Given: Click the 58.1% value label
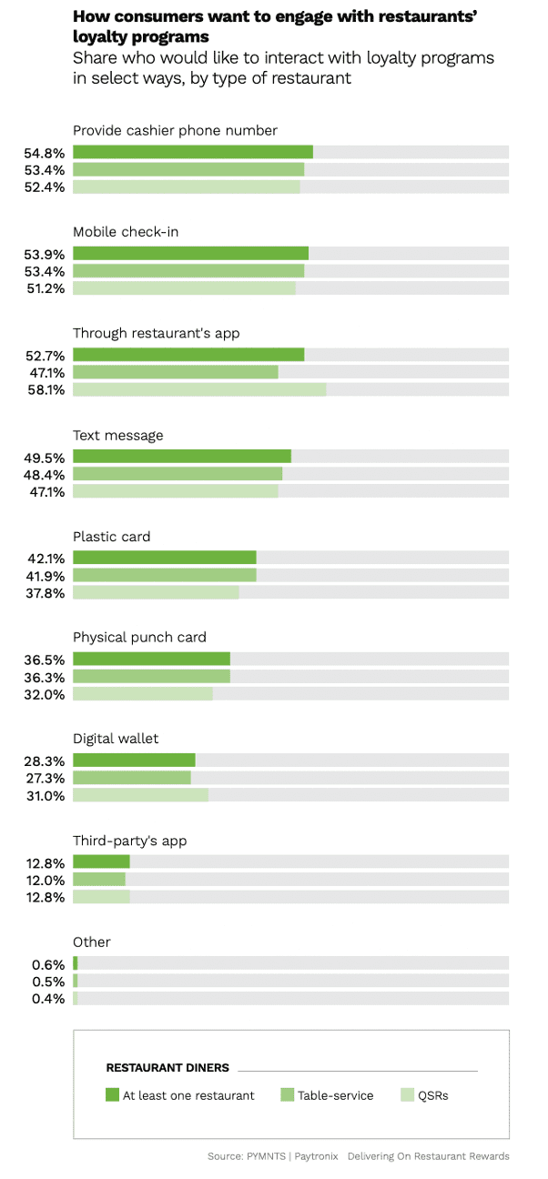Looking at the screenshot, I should [x=46, y=389].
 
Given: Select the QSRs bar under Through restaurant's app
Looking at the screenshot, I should [x=198, y=389].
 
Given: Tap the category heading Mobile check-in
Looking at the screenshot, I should [x=126, y=232].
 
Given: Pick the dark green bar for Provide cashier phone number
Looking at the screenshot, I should [x=192, y=152].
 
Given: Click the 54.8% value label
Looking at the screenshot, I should [x=46, y=152].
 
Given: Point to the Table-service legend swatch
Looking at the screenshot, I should [x=287, y=1095].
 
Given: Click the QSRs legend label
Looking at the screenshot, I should [x=432, y=1095].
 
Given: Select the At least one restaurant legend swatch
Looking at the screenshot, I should [x=113, y=1095].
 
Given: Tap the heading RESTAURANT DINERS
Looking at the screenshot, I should [x=167, y=1068].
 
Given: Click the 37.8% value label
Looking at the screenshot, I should [x=46, y=592].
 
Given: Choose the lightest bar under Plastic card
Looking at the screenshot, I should [x=156, y=592].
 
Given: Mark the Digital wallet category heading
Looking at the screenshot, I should [x=116, y=739].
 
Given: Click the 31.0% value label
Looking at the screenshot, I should [x=46, y=795].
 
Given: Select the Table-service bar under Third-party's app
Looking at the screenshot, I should [x=98, y=880].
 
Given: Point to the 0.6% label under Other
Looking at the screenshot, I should [x=49, y=964].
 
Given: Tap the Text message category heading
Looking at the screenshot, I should [x=118, y=435].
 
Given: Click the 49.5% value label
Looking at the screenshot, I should [x=46, y=457].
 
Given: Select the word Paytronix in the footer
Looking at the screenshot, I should [x=318, y=1156].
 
